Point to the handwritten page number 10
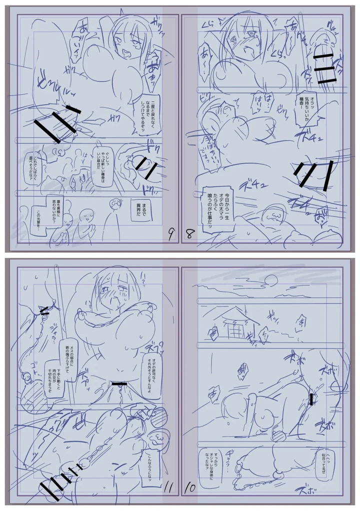click(x=190, y=486)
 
